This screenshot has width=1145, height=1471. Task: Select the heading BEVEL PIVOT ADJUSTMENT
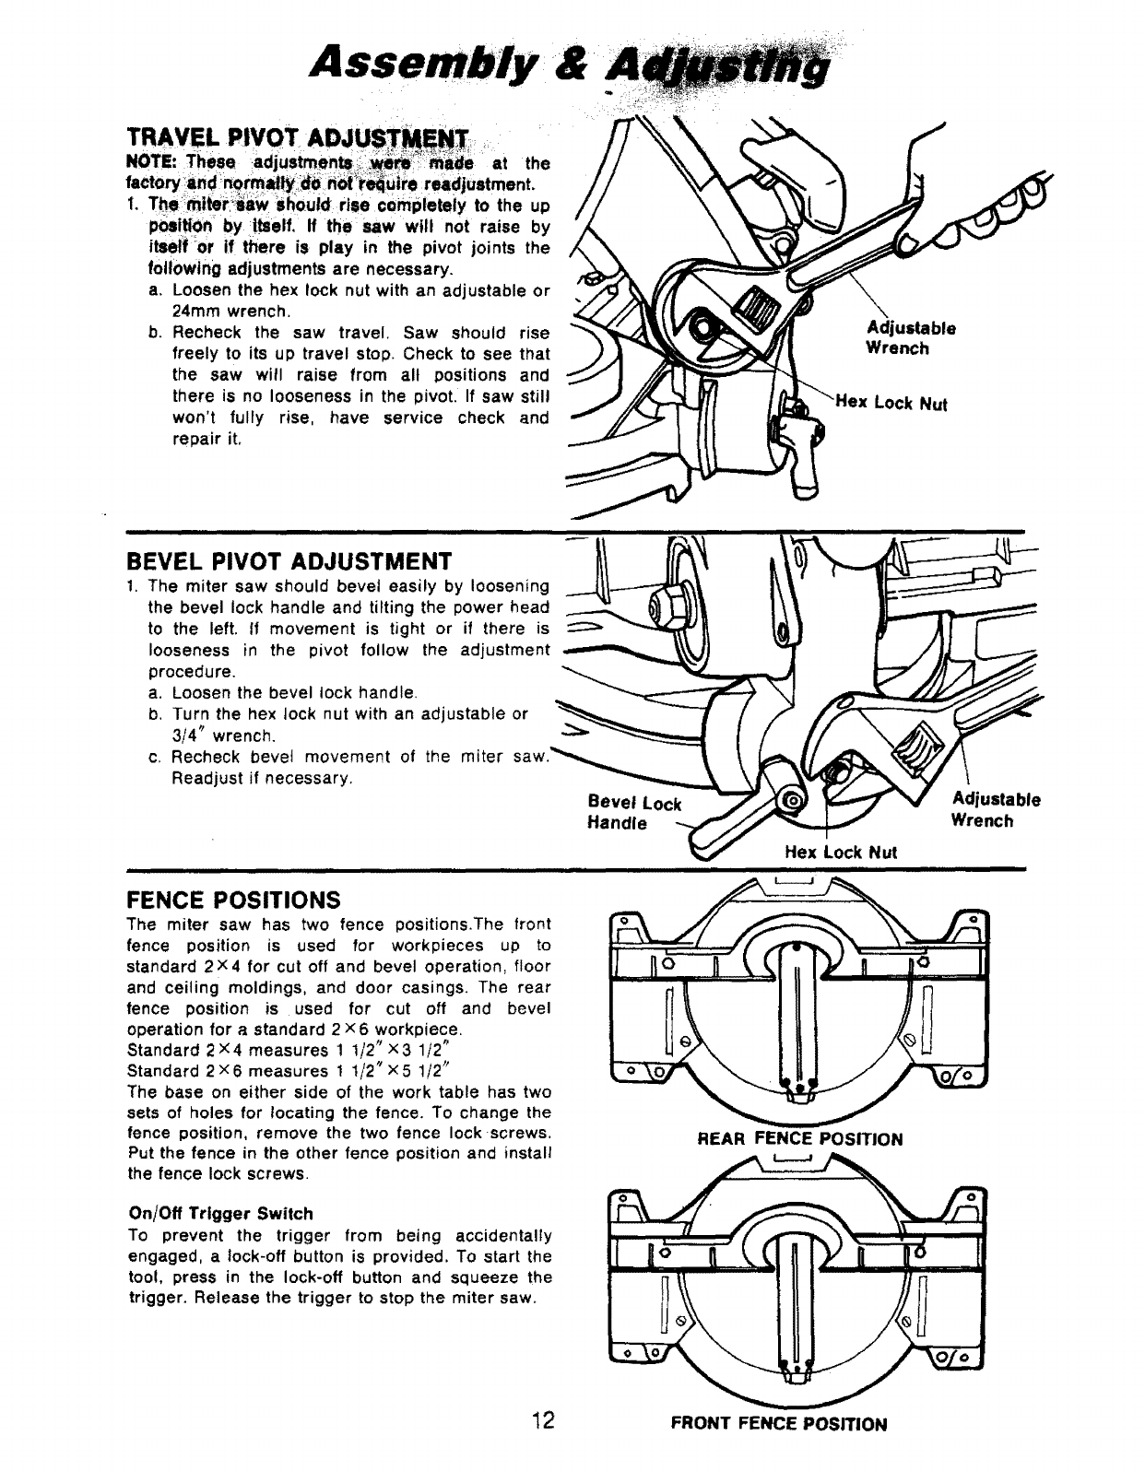tap(289, 561)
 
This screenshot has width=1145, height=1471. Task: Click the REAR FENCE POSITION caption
tap(800, 1138)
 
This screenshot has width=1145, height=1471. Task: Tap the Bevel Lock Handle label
tap(633, 812)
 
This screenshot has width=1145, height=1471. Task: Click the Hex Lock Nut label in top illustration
tap(891, 403)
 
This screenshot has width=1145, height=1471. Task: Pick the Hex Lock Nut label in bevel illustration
tap(840, 853)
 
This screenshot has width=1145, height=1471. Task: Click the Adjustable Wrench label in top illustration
tap(911, 338)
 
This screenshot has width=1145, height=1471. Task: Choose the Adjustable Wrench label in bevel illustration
tap(996, 810)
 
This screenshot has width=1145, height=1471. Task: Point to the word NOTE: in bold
tap(150, 162)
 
